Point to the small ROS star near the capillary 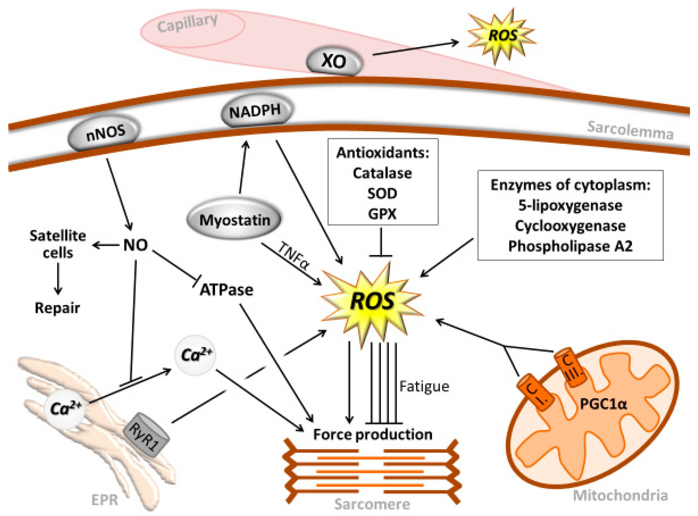coord(502,35)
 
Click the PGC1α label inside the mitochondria coord(603,404)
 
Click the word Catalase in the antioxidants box coord(382,173)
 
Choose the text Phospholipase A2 coord(570,246)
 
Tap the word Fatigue coord(424,386)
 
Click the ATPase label coord(227,290)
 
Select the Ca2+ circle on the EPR coord(65,408)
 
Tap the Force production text coord(373,434)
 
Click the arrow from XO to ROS coord(415,48)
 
